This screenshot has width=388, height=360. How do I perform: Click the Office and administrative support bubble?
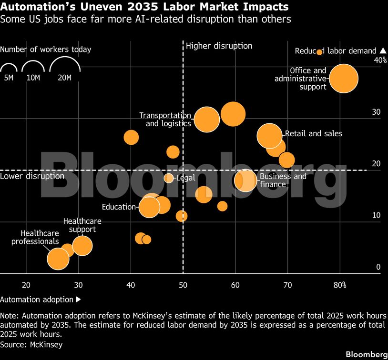coord(344,79)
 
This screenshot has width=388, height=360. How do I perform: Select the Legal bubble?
coord(169,178)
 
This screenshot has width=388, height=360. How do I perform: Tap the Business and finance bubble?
coord(245,180)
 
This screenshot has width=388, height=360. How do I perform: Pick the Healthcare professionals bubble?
coord(58,259)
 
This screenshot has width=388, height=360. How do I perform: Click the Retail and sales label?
coord(314,133)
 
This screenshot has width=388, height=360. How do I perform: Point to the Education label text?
coord(119,207)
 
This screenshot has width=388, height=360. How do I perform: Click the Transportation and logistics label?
coord(165,120)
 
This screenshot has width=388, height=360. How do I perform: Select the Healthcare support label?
coord(82,225)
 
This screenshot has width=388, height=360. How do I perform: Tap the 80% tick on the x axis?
coord(340,285)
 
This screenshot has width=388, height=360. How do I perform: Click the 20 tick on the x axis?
coord(26,285)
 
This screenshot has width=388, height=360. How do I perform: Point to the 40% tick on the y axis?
coord(380,60)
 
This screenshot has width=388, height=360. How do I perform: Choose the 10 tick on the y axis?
coord(377,215)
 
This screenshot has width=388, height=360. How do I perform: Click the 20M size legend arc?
coord(65,57)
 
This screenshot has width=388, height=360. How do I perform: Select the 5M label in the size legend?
coord(9,78)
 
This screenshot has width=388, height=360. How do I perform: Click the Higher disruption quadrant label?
coord(219,46)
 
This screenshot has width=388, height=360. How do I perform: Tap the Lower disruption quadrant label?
coord(32,176)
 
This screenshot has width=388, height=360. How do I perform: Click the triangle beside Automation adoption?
coord(78,300)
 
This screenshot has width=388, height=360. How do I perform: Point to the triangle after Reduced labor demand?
coord(383,50)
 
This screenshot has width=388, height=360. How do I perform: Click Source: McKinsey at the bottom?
coord(31,344)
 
